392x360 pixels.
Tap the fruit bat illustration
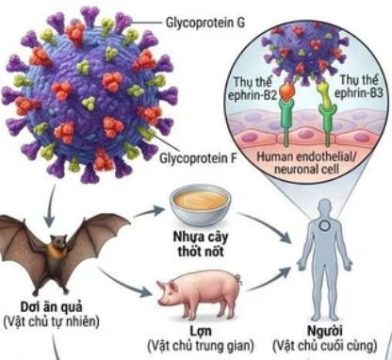point(57,250)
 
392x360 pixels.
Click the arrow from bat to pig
point(132,274)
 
